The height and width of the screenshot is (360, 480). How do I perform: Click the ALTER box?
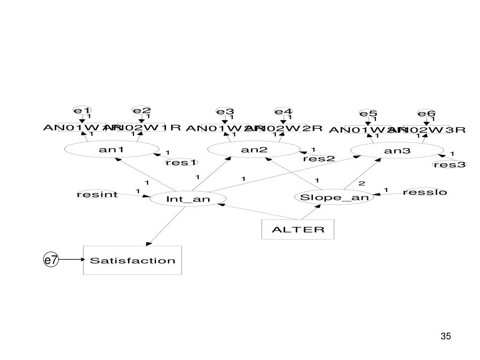pos(298,229)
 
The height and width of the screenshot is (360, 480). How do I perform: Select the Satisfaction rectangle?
pos(132,260)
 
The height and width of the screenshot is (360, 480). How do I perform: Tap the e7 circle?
pos(51,260)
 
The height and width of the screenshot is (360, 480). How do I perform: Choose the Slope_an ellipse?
pos(334,197)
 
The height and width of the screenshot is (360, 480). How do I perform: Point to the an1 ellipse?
pos(111,150)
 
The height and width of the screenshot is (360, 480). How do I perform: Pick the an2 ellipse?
pos(254,150)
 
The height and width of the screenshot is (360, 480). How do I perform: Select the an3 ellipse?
pos(397,150)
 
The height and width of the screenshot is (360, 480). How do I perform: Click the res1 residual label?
pos(181,163)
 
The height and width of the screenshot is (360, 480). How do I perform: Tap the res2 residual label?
pos(319,158)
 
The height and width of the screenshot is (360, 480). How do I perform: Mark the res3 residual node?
pos(450,164)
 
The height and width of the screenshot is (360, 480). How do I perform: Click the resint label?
pos(97,194)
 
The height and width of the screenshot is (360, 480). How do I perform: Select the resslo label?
pos(425,192)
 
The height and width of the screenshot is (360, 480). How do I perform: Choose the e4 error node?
pos(283,112)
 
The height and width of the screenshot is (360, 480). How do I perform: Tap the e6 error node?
pos(427,113)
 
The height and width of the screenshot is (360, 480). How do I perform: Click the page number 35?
pos(445,336)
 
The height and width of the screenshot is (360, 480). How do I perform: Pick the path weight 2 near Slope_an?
pos(361,183)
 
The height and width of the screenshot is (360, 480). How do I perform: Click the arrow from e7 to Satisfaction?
pos(70,260)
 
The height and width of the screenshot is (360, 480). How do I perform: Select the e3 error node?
pos(225,112)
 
